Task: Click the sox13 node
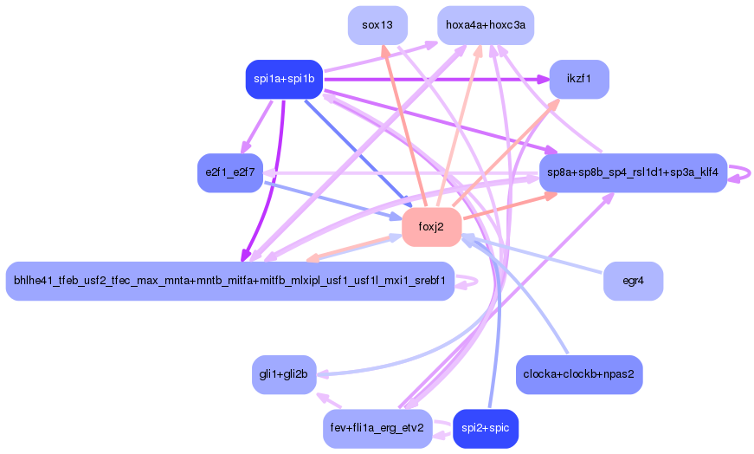coord(377,25)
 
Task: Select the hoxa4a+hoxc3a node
coord(485,25)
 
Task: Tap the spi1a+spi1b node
coord(284,80)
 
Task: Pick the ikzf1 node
coord(578,80)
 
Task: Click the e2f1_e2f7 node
coord(229,172)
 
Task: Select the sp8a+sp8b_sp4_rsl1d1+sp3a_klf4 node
coord(632,172)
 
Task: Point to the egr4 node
coord(633,282)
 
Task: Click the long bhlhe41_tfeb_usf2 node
coord(229,282)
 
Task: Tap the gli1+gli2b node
coord(284,374)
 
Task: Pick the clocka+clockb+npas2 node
coord(578,374)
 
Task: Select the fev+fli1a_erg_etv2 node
coord(377,429)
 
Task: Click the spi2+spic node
coord(485,429)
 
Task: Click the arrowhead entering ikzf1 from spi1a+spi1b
coord(544,80)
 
